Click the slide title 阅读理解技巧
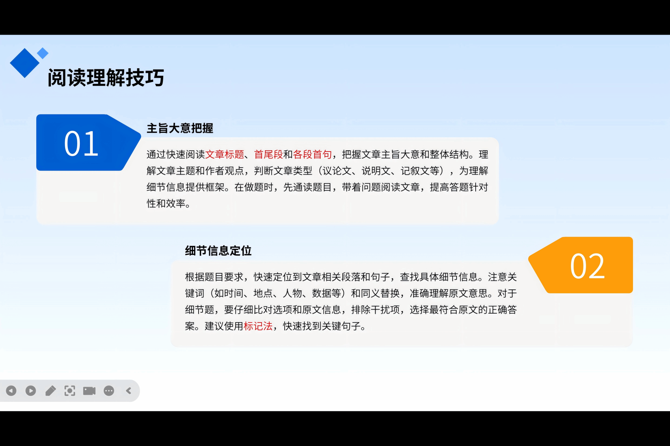pos(106,78)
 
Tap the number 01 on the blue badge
pos(81,143)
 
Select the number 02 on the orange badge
pos(588,266)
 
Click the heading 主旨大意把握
pos(180,128)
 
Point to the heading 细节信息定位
pos(218,251)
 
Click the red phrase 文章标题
pos(225,154)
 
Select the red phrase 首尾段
pos(269,154)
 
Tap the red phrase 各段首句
pos(312,154)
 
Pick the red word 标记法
pos(258,326)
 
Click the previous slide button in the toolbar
pos(11,390)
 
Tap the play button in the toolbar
pos(31,390)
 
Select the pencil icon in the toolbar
pos(50,390)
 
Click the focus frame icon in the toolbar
pos(70,390)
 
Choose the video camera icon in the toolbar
pos(89,391)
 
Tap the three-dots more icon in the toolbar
pos(109,390)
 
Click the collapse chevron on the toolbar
pos(129,390)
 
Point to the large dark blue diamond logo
pos(25,63)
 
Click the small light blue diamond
pos(43,53)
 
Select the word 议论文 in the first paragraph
pos(337,171)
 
